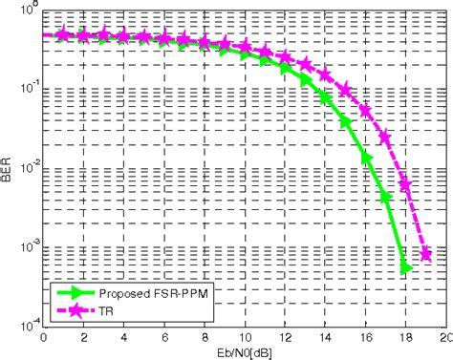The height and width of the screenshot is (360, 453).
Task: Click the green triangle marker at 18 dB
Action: [406, 268]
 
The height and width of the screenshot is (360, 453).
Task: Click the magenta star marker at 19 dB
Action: [426, 255]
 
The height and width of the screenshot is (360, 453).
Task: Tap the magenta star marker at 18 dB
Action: [406, 184]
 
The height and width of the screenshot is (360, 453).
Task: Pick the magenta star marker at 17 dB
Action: [386, 138]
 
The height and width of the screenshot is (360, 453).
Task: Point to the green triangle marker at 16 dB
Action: [366, 152]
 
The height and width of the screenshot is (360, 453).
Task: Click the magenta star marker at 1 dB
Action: [63, 34]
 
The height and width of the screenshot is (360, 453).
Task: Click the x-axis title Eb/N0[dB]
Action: [235, 351]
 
